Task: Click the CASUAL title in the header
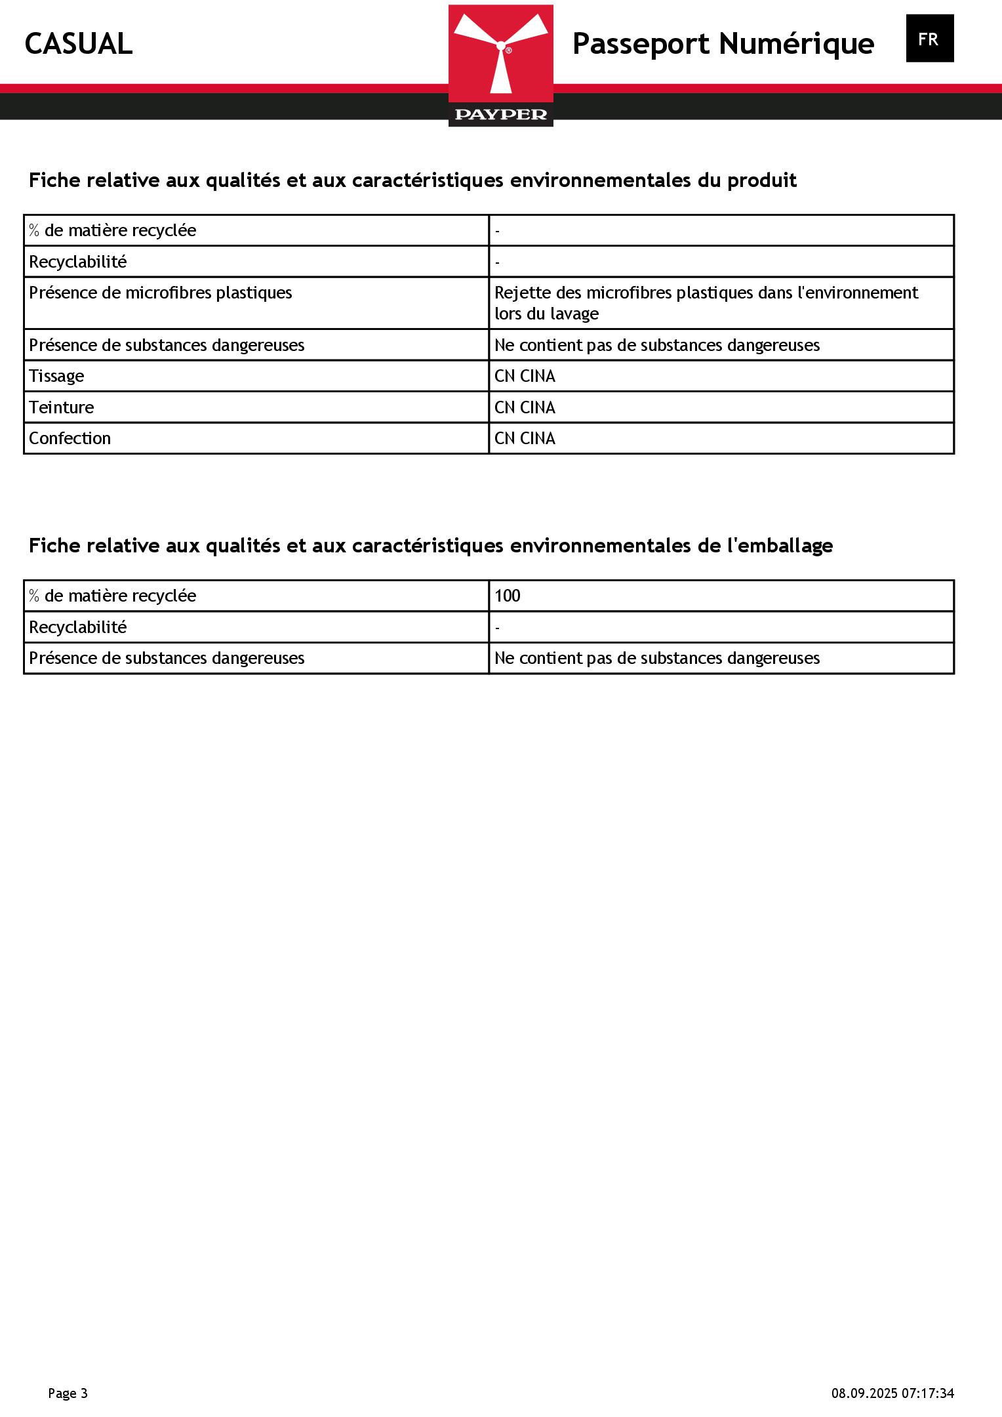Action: click(79, 44)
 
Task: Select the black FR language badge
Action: click(929, 39)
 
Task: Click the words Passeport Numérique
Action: click(723, 44)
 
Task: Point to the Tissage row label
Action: click(56, 376)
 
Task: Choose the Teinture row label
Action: click(62, 407)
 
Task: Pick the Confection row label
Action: click(70, 438)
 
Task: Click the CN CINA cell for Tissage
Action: click(525, 376)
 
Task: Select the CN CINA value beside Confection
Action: click(525, 438)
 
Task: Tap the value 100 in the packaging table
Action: click(508, 596)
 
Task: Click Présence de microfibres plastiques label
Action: click(161, 293)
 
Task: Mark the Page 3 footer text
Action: click(68, 1393)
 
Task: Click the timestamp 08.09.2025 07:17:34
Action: click(892, 1393)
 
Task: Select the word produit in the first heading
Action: click(761, 180)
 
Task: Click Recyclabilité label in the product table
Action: click(78, 262)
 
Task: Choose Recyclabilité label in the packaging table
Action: click(78, 627)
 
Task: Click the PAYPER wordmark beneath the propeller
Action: click(501, 115)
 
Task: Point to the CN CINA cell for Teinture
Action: click(525, 407)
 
